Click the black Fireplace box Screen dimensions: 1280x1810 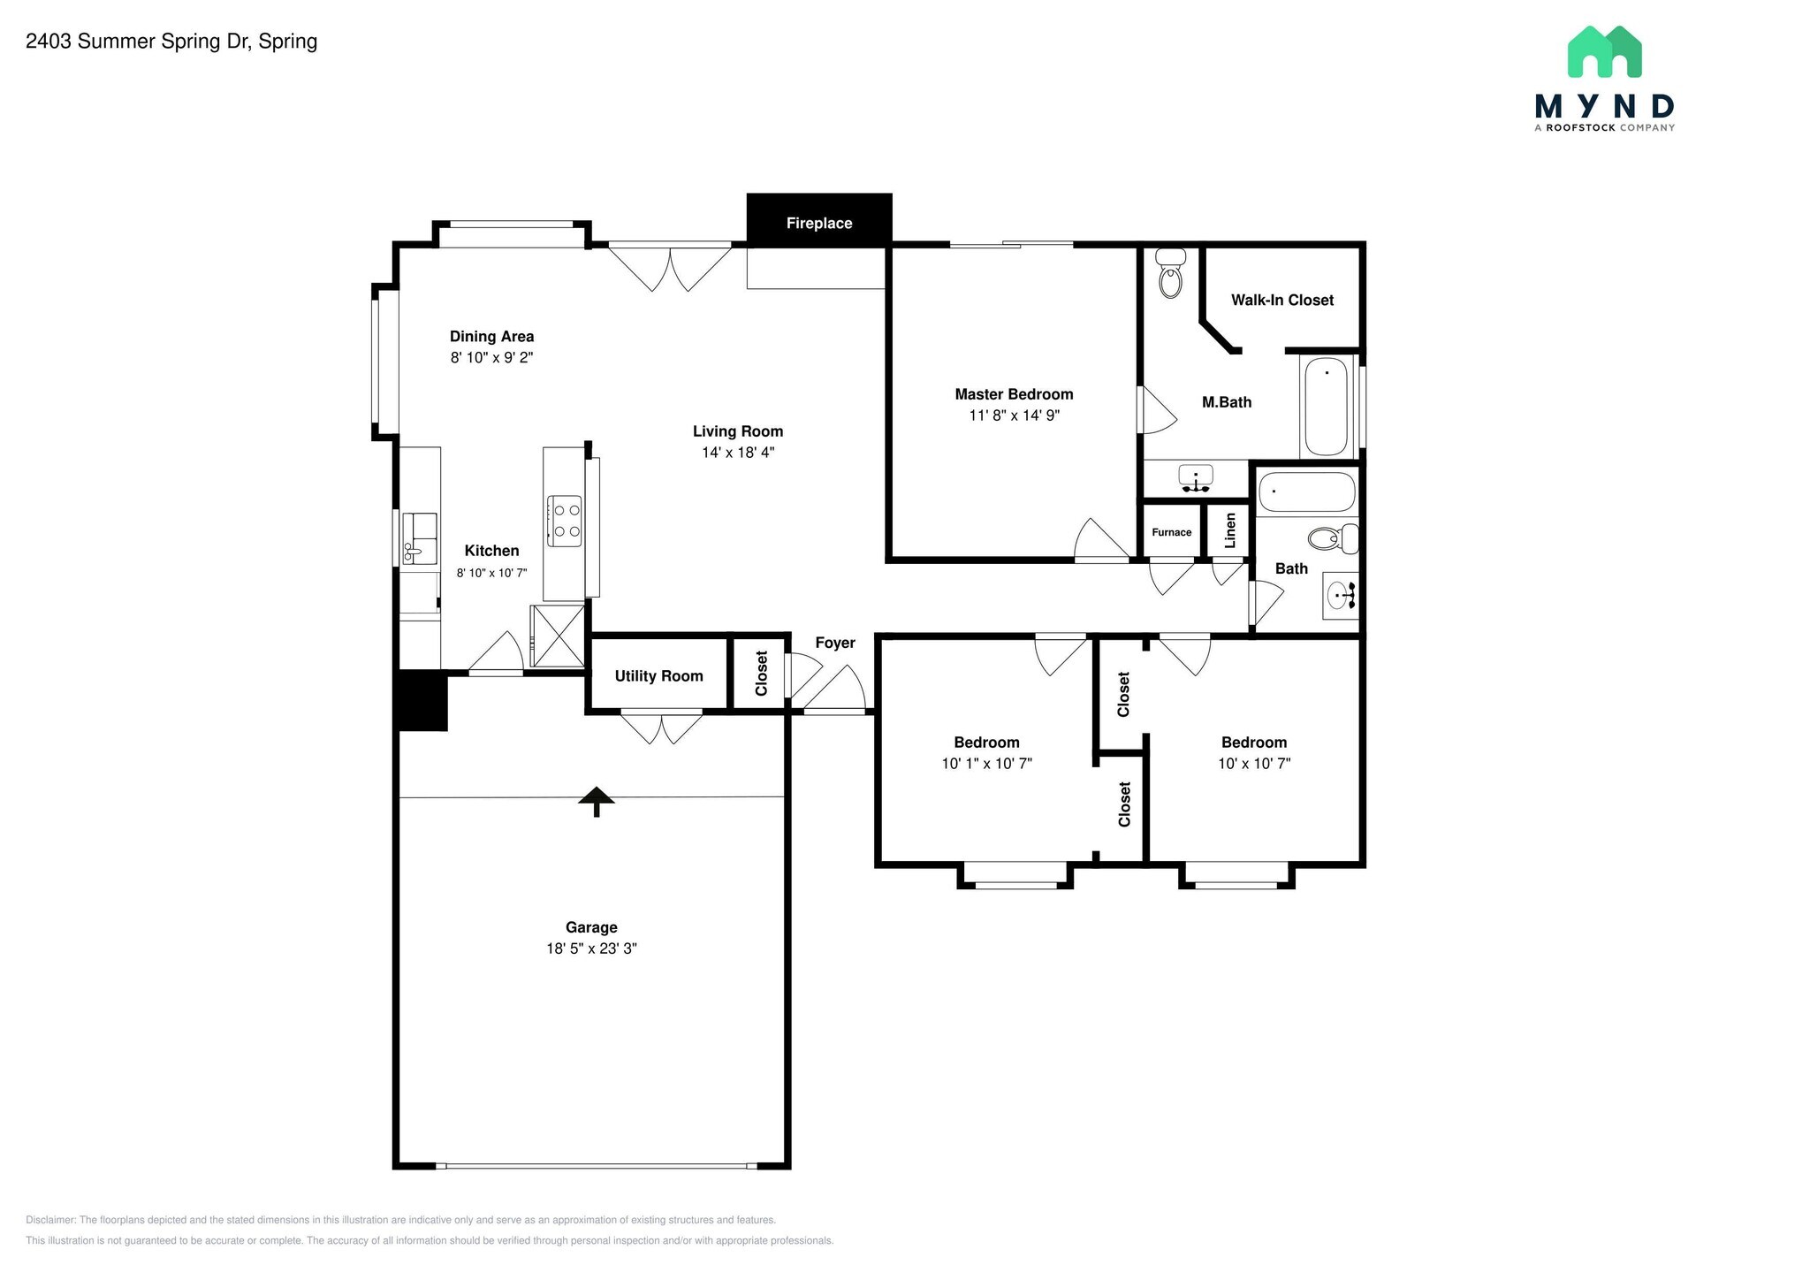click(818, 221)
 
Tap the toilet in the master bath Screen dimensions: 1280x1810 click(1171, 273)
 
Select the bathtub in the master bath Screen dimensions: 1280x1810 click(1326, 406)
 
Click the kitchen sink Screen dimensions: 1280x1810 click(420, 537)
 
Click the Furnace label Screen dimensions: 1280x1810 click(1171, 532)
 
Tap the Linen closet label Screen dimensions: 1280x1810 click(1229, 530)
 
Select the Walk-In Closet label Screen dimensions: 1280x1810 click(1281, 300)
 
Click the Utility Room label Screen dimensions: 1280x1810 click(658, 676)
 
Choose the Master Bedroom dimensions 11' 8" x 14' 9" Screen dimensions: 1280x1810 click(1014, 415)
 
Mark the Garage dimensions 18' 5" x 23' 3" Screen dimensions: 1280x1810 click(591, 949)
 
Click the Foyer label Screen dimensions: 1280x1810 click(834, 643)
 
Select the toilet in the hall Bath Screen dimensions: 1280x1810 click(1333, 537)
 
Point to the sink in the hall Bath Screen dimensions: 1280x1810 click(1340, 595)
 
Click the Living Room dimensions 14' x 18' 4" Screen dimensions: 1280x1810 click(738, 453)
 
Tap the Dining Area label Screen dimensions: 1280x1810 click(491, 336)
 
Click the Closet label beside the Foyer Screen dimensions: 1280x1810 click(762, 674)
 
